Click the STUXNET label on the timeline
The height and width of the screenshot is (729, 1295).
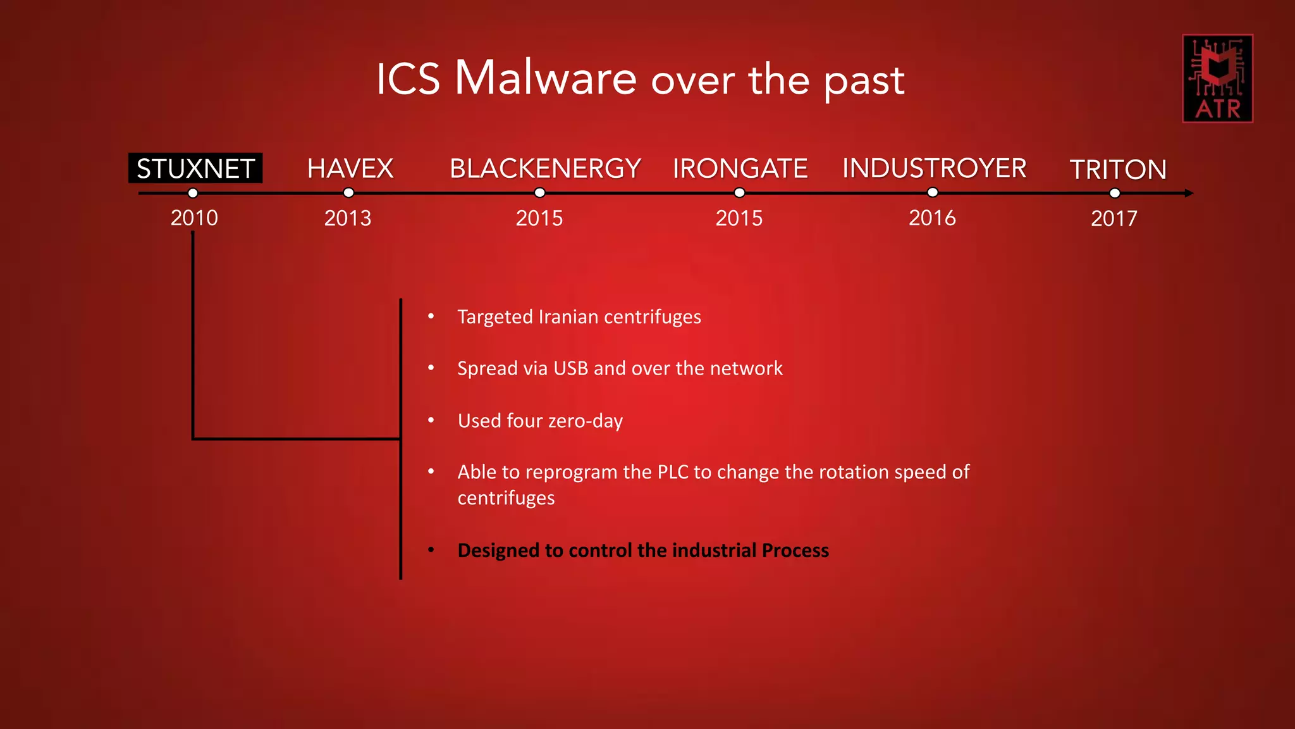[x=195, y=169]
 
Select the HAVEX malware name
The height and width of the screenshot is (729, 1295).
[x=350, y=169]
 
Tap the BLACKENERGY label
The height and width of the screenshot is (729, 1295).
[x=545, y=169]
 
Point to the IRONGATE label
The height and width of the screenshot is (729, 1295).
[x=740, y=169]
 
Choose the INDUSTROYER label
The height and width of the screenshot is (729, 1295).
[x=934, y=169]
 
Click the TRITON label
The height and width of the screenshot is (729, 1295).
[x=1117, y=170]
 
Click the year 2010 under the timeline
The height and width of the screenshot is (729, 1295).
[x=194, y=218]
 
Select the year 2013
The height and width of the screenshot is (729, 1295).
[x=348, y=218]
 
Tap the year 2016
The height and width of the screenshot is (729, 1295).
[x=932, y=218]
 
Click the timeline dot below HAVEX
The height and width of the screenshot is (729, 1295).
[x=348, y=193]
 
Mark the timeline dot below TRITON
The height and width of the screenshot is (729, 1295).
[x=1115, y=193]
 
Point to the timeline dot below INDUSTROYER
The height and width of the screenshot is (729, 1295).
[x=933, y=192]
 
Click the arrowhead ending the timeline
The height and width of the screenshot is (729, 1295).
[x=1189, y=193]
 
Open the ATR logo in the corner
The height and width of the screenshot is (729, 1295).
[x=1217, y=78]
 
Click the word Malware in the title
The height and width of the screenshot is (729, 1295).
[x=546, y=78]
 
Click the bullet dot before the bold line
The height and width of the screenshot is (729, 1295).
[x=431, y=549]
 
